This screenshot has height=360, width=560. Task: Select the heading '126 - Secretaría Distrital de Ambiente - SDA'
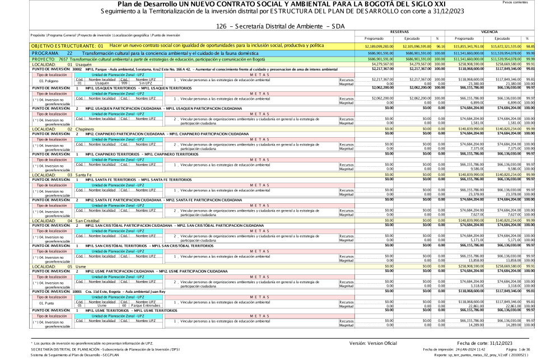(279, 26)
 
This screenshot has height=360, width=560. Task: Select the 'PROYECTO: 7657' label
(21, 59)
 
